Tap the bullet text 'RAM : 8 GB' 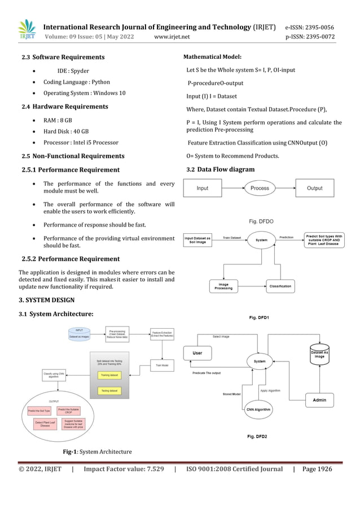tap(58, 120)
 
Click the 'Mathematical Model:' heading tap(213, 56)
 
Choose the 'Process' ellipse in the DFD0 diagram tap(260, 188)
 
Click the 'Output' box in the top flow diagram tap(314, 188)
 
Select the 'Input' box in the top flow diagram tap(202, 188)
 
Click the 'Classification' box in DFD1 tap(280, 286)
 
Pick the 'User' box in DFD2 tap(198, 353)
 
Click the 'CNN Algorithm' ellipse tap(258, 409)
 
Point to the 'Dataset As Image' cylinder tap(319, 353)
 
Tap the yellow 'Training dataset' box tap(109, 374)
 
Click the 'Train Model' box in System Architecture tap(162, 365)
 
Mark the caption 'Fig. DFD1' tap(259, 319)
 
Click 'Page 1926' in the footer tap(317, 469)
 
